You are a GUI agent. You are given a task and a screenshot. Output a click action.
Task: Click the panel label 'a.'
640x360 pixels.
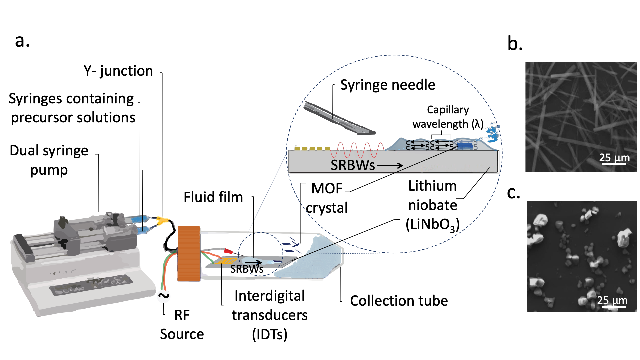22,41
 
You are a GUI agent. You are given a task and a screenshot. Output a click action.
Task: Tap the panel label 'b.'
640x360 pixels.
515,44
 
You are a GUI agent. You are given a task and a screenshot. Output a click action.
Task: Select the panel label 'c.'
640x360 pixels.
513,193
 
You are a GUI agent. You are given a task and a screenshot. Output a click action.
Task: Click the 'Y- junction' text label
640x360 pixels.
118,71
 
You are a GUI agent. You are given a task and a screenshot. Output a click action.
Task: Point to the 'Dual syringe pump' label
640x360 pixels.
49,160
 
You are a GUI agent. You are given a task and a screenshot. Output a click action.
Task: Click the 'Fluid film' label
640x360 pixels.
213,197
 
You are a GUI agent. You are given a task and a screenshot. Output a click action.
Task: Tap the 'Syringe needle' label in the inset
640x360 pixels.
387,85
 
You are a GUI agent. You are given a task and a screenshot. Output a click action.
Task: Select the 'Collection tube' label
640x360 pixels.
399,301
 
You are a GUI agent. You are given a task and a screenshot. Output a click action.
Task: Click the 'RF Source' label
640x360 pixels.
182,324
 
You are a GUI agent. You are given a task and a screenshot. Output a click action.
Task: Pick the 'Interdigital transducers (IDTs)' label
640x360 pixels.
269,315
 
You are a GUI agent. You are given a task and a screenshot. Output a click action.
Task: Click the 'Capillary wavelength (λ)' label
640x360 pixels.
448,117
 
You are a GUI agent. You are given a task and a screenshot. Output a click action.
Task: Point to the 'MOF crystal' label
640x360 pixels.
327,198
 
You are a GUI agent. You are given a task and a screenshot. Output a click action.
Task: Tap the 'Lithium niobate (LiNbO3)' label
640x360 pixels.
432,205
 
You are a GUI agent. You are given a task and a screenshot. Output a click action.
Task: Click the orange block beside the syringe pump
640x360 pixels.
189,253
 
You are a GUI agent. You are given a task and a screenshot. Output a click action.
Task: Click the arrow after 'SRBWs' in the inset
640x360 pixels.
390,165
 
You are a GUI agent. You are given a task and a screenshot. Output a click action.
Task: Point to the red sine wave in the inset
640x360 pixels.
357,150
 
